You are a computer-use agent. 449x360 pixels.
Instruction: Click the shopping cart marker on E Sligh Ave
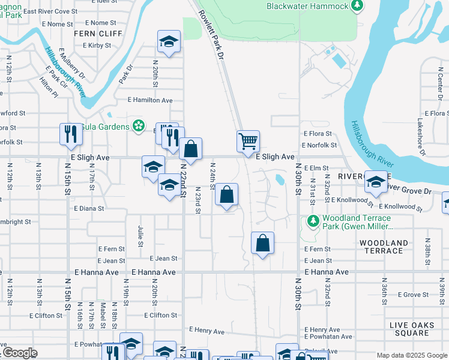pos(247,142)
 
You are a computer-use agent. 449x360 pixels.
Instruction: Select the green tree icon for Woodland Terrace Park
pos(312,221)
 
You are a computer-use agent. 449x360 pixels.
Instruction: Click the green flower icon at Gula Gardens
pos(139,125)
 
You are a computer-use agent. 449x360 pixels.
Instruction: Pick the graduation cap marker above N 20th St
pos(169,42)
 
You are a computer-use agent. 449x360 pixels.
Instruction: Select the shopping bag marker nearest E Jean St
pos(262,243)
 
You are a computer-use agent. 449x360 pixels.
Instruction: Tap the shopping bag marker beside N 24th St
pos(226,194)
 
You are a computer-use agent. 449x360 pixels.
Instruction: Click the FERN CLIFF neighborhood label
pos(93,34)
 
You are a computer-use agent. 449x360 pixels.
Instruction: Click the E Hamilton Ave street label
pos(150,101)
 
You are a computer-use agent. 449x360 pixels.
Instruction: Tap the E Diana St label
pos(89,209)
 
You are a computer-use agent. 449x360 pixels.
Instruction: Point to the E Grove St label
pos(416,295)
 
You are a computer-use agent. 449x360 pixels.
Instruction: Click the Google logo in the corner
pos(20,353)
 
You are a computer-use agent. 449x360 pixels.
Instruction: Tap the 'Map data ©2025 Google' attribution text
pos(411,355)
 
